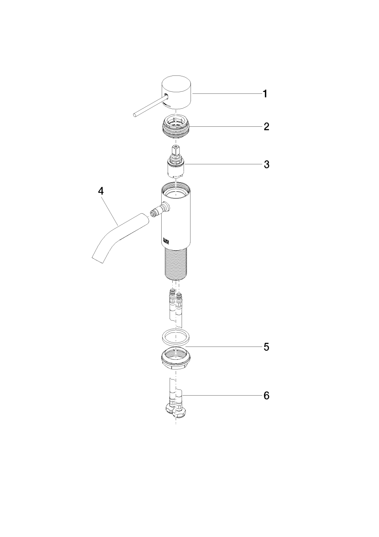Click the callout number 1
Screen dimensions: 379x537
265,94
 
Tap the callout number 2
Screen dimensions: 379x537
266,127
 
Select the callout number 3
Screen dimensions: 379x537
266,165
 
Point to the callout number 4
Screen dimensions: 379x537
101,191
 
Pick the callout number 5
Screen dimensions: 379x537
266,347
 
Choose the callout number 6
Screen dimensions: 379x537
266,396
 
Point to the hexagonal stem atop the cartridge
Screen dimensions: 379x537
176,150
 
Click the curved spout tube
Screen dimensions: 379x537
118,237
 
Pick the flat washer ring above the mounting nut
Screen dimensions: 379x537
176,338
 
